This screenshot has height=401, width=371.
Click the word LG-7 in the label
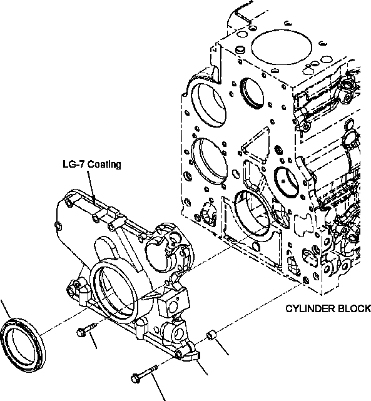74,165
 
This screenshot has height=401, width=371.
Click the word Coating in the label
104,165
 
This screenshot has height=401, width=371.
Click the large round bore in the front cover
114,285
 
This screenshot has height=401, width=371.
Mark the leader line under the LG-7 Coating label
92,185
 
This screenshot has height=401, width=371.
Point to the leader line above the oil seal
6,308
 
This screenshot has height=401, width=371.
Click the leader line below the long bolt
160,392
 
